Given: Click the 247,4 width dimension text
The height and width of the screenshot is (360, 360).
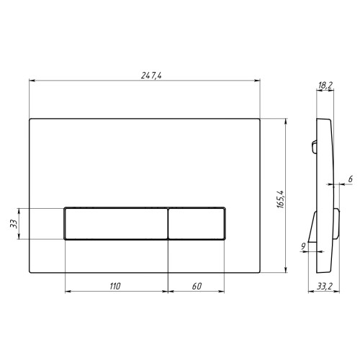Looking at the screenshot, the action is pos(151,76).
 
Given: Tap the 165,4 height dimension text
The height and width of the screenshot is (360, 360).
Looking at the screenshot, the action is pos(280,199).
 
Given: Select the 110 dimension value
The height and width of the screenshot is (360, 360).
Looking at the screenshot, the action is pos(115,286).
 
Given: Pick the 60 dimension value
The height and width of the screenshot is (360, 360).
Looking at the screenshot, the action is pos(197,286).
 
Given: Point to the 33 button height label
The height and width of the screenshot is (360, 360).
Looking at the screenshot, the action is pos(14,224).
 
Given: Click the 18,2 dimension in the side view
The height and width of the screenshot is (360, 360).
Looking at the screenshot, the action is pos(325,86).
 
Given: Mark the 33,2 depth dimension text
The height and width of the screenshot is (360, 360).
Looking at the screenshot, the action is pos(325,287).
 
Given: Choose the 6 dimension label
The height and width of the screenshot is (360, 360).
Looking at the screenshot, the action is pos(351,179).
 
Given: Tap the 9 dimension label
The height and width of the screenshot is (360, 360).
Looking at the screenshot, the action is pos(303,246).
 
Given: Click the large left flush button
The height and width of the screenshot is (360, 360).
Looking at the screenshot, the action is pos(116,223).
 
